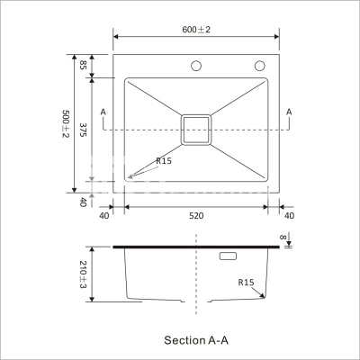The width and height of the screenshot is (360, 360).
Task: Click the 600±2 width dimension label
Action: (196, 30)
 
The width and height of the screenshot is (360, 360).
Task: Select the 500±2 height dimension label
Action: (66, 124)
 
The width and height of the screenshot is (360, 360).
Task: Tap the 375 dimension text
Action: (83, 130)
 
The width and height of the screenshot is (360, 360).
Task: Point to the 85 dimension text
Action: (83, 65)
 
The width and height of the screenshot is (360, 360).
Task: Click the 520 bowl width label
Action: (196, 216)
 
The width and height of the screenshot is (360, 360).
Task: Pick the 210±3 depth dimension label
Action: (83, 274)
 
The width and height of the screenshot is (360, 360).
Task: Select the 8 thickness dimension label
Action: (283, 237)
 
